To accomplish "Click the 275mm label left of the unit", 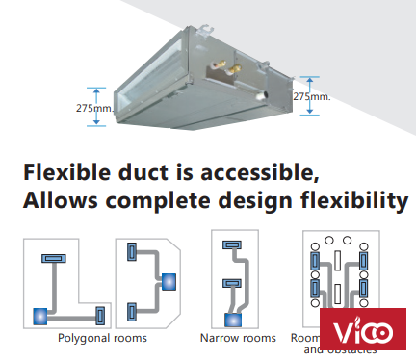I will click(x=91, y=108).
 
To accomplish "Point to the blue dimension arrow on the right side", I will click(x=308, y=96).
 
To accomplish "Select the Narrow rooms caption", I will click(x=238, y=338).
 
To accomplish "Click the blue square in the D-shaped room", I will click(x=169, y=282).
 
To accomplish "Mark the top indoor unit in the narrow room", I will click(x=231, y=246).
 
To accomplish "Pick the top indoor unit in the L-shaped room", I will click(x=52, y=259).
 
